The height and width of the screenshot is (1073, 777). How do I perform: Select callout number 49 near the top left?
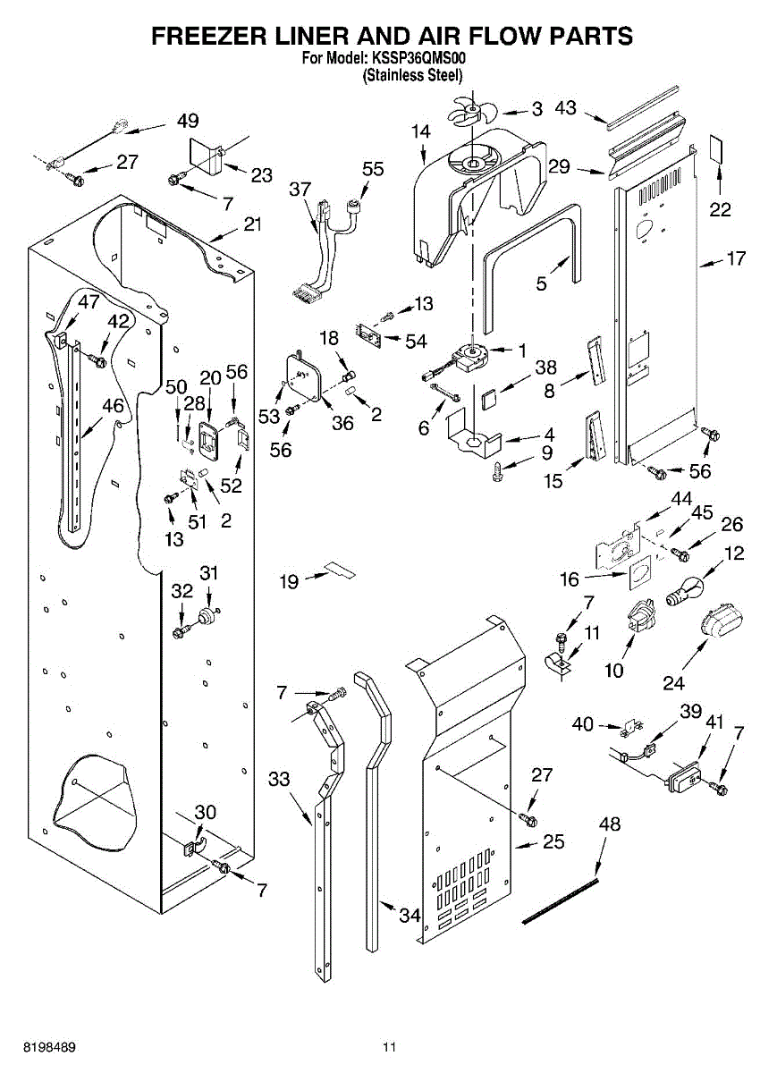point(188,121)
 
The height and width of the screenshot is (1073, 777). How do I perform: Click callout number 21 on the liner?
point(253,224)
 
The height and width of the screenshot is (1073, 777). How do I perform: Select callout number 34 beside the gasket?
point(410,915)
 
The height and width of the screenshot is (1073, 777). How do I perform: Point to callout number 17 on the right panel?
point(735,259)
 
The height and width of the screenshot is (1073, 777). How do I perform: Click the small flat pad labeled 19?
point(338,569)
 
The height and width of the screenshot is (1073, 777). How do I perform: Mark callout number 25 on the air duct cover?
point(553,841)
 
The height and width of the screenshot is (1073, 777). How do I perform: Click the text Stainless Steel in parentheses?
point(412,75)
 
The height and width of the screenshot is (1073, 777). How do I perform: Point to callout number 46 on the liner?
point(113,405)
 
